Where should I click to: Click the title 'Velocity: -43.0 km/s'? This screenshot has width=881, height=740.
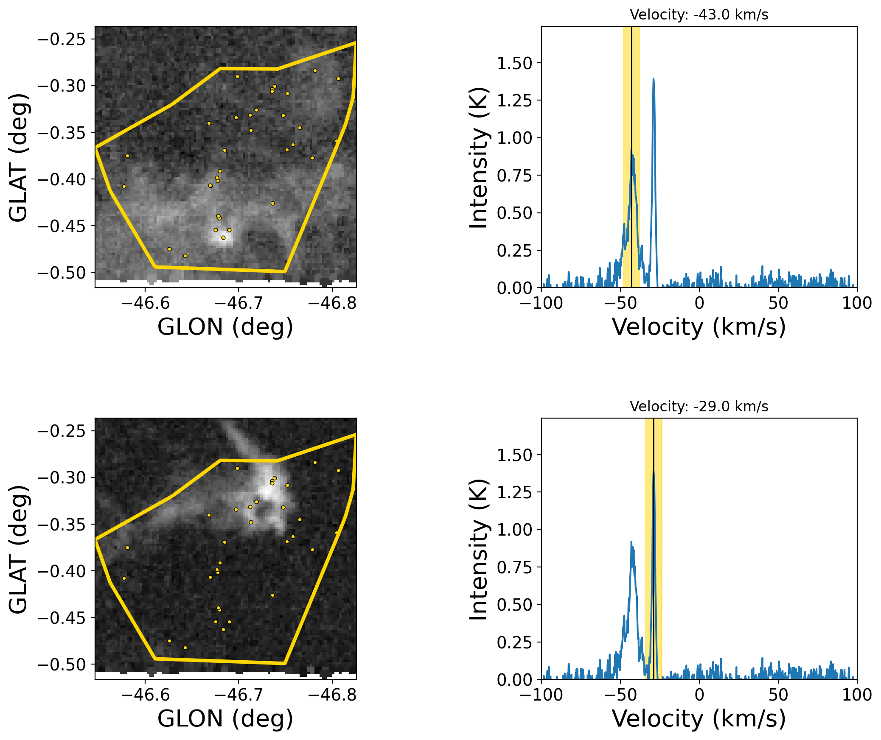tap(699, 15)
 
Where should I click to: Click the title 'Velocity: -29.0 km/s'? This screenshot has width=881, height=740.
tap(699, 407)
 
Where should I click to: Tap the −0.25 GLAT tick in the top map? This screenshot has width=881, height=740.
tap(62, 39)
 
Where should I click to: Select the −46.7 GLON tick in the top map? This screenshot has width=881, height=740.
tap(238, 303)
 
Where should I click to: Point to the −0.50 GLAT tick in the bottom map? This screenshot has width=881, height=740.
tap(62, 665)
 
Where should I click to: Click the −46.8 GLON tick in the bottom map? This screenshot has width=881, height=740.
tap(332, 695)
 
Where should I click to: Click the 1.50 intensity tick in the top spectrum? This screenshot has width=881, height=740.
tap(514, 63)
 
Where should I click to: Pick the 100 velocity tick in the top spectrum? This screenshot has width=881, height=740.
tap(857, 303)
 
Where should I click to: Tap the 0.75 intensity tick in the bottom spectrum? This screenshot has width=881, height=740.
tap(514, 567)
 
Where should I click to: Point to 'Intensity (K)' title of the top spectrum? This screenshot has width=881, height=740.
tap(479, 157)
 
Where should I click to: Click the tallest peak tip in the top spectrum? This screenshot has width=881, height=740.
tap(653, 79)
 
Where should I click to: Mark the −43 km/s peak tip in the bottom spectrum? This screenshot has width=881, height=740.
tap(631, 542)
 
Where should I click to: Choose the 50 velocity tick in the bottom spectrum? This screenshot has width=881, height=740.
tap(778, 695)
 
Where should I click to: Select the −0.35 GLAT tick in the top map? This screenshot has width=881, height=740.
tap(62, 133)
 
